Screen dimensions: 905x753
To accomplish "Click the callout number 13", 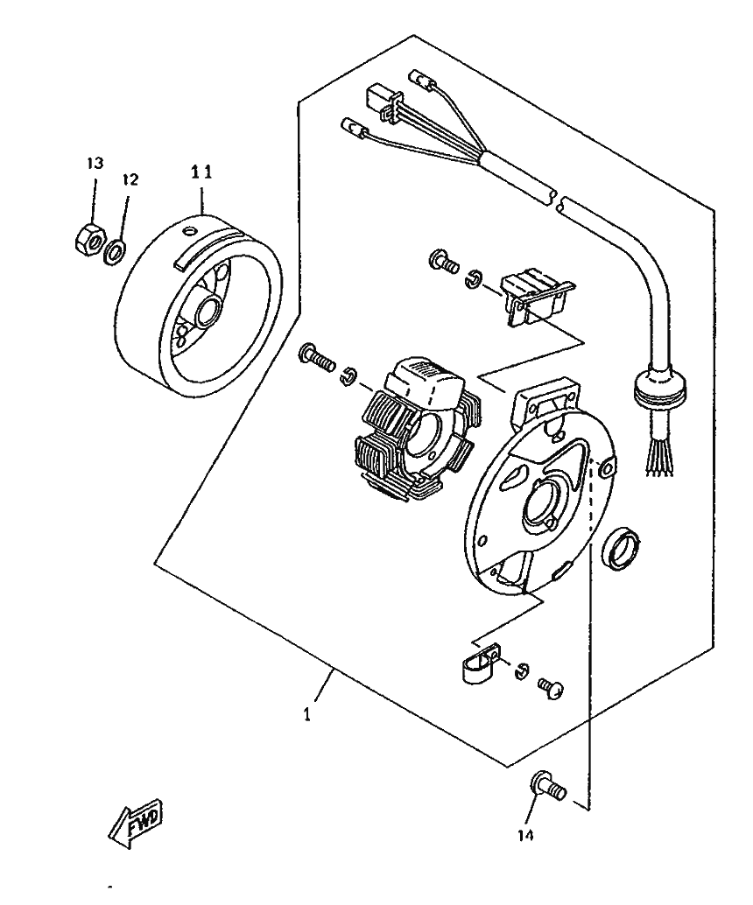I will (x=94, y=164).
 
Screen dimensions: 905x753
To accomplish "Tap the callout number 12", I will (x=130, y=179).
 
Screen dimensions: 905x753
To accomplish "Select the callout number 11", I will (x=202, y=172).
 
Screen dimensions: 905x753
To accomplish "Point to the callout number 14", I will (x=524, y=835).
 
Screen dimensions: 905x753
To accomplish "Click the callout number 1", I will (x=306, y=715).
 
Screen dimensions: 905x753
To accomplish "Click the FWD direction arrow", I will (x=136, y=824).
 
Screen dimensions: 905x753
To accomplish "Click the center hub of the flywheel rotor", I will (x=211, y=312).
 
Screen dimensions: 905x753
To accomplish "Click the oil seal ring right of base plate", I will (x=623, y=549).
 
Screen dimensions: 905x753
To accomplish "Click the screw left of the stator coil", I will (x=317, y=355).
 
